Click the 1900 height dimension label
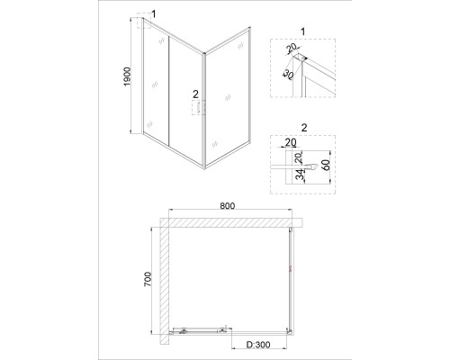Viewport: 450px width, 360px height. pos(128,76)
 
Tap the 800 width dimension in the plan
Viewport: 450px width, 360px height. pos(228,206)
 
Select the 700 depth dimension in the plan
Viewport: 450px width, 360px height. pos(148,279)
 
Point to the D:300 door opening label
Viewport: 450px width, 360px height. pos(258,345)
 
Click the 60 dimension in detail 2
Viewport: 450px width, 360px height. pos(326,165)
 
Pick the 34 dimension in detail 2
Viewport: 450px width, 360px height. pos(300,175)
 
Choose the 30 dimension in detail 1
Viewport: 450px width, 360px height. pos(287,75)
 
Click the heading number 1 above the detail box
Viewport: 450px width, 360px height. pos(302,31)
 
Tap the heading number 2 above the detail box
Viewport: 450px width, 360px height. pos(304,128)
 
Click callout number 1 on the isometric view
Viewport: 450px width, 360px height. pos(154,13)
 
